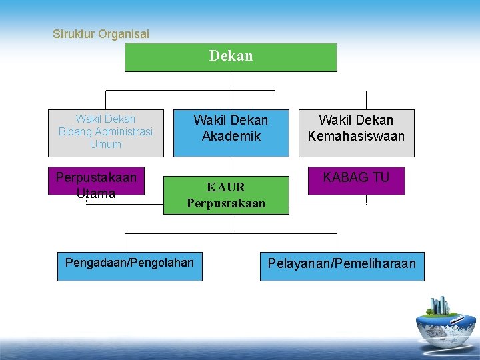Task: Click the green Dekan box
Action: pyautogui.click(x=231, y=57)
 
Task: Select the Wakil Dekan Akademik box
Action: pyautogui.click(x=231, y=133)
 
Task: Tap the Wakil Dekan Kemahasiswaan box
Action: pyautogui.click(x=356, y=133)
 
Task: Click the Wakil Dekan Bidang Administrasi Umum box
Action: pyautogui.click(x=105, y=133)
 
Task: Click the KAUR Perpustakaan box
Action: pyautogui.click(x=226, y=195)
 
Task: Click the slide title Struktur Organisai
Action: pyautogui.click(x=101, y=33)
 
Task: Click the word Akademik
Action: pyautogui.click(x=231, y=136)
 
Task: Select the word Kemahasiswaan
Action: pyautogui.click(x=356, y=136)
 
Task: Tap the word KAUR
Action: pyautogui.click(x=226, y=187)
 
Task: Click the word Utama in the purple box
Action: pyautogui.click(x=96, y=194)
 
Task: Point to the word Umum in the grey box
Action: pyautogui.click(x=105, y=144)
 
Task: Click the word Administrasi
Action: pyautogui.click(x=124, y=131)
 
